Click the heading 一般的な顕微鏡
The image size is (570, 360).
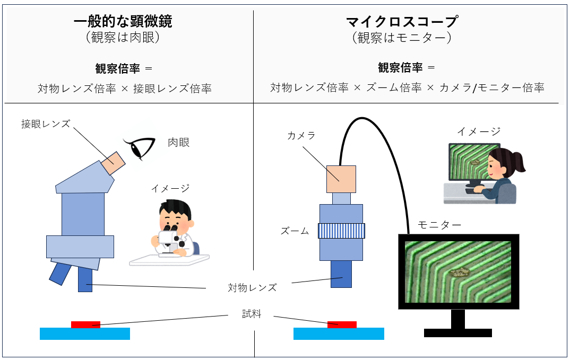123,21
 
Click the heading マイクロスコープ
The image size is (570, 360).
401,21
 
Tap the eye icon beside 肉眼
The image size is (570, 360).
140,148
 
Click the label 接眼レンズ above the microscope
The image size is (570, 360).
46,124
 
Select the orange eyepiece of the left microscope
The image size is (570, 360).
113,163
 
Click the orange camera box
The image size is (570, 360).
341,179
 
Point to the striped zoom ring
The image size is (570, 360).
341,231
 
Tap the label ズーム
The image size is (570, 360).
295,231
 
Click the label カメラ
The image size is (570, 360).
301,136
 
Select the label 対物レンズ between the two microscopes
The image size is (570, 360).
252,288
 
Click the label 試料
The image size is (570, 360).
252,313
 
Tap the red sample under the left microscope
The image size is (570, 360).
85,324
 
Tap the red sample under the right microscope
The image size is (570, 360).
342,324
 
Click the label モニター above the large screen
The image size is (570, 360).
439,225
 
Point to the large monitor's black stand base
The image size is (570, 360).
458,333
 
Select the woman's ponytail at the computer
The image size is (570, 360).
517,162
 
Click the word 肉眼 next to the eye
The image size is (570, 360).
178,143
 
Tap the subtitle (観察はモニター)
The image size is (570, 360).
401,38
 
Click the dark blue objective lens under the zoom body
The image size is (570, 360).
341,274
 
